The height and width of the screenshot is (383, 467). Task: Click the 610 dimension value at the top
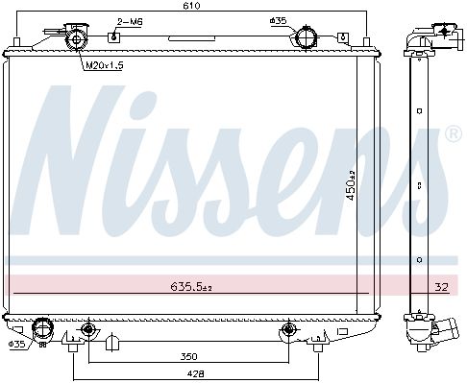pyautogui.click(x=191, y=6)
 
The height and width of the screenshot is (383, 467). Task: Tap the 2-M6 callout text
pyautogui.click(x=130, y=22)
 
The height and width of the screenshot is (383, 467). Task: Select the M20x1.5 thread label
pyautogui.click(x=105, y=65)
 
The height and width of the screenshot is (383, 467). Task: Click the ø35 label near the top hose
pyautogui.click(x=278, y=21)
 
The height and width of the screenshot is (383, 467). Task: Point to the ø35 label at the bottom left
pyautogui.click(x=16, y=345)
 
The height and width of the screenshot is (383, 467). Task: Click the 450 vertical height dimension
pyautogui.click(x=352, y=185)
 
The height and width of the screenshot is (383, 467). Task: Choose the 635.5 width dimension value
pyautogui.click(x=191, y=286)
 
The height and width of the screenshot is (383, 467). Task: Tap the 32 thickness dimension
pyautogui.click(x=441, y=287)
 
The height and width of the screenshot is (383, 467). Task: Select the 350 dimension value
pyautogui.click(x=188, y=356)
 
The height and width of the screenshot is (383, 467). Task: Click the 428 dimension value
pyautogui.click(x=195, y=373)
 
